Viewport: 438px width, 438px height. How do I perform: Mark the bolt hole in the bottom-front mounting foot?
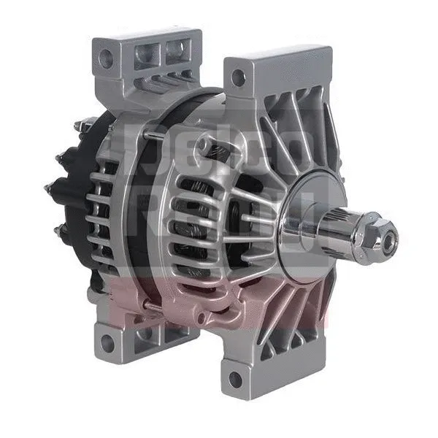pyautogui.click(x=235, y=380)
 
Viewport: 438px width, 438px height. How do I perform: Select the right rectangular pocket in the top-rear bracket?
pyautogui.click(x=176, y=49)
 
